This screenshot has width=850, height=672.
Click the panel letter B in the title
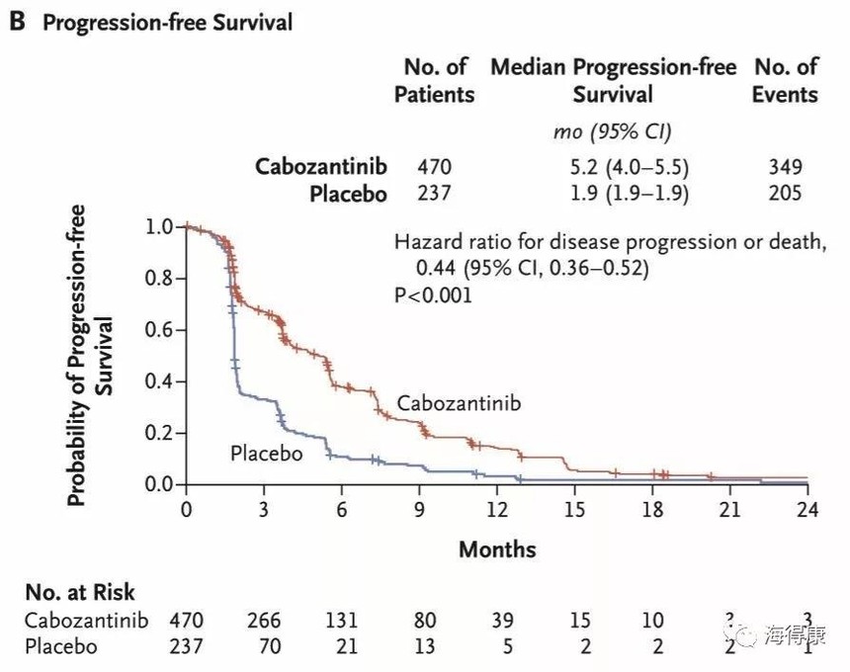point(17,22)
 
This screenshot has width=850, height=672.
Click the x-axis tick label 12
point(496,510)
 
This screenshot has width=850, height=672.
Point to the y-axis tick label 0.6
point(158,330)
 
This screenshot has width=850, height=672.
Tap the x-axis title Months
point(496,548)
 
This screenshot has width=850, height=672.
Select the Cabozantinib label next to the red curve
point(458,403)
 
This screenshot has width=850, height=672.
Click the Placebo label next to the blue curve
point(266,454)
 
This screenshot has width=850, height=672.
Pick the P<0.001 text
point(433,294)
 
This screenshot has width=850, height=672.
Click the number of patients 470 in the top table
point(434,166)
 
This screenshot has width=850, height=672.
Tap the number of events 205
point(785,193)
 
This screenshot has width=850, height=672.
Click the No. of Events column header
point(785,81)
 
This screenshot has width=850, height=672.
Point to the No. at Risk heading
point(80,593)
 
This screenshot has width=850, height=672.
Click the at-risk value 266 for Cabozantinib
point(263,622)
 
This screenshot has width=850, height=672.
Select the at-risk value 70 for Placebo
point(263,646)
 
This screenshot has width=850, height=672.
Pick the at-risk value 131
point(341,622)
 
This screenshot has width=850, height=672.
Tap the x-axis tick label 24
point(807,510)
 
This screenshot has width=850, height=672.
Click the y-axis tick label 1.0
point(158,227)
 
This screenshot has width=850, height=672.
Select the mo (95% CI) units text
point(613,131)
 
